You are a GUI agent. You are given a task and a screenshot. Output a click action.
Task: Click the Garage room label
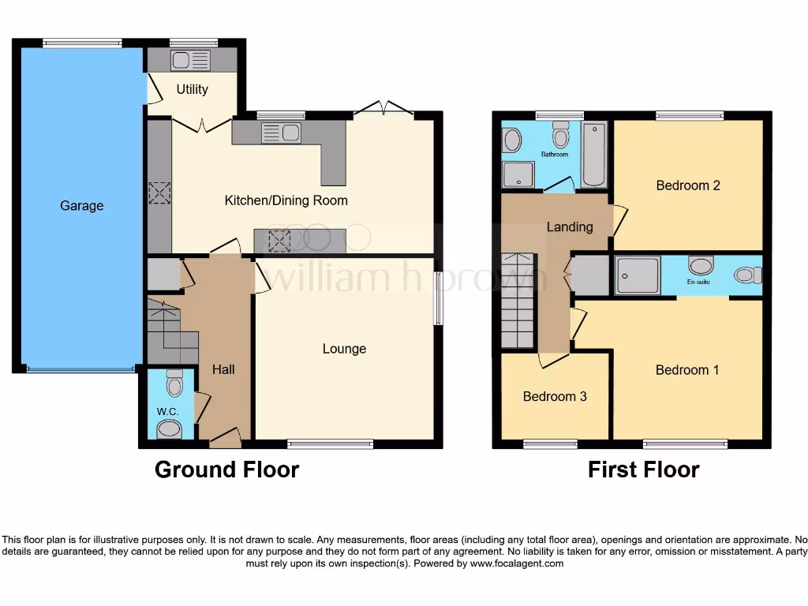[81, 206]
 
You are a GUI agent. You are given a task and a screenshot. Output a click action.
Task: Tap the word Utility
[192, 89]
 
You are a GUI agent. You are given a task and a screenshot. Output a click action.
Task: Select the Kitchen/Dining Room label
[286, 200]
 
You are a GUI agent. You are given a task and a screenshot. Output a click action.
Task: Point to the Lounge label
[344, 349]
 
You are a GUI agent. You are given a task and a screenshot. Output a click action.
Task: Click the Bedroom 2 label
[688, 185]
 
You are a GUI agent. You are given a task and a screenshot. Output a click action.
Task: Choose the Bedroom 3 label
[555, 396]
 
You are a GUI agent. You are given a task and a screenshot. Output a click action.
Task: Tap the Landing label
[570, 227]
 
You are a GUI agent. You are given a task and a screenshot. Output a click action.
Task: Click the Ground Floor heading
[226, 469]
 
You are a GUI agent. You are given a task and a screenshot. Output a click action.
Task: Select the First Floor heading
[643, 469]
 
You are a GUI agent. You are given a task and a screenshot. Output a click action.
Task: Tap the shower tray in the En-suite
[638, 275]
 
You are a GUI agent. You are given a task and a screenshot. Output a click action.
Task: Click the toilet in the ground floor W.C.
[174, 383]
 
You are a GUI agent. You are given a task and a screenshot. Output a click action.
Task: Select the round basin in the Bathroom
[512, 140]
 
